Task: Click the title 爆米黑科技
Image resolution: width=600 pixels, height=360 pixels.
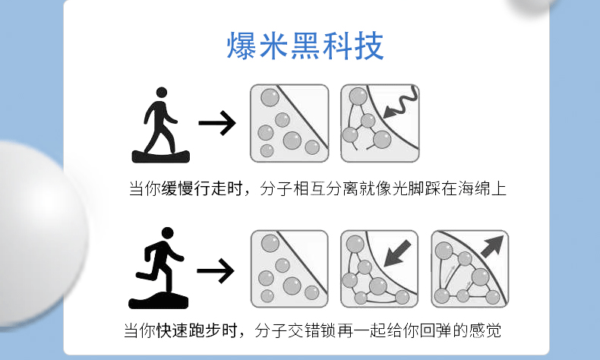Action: [305, 46]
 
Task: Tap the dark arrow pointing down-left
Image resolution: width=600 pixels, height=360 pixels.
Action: [398, 252]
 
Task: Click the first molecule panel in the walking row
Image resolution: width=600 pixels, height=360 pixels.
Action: [289, 123]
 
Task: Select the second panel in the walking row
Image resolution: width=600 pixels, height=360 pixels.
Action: [380, 123]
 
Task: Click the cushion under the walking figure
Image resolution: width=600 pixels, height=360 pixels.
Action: [159, 156]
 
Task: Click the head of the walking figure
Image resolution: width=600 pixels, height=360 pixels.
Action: [160, 93]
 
